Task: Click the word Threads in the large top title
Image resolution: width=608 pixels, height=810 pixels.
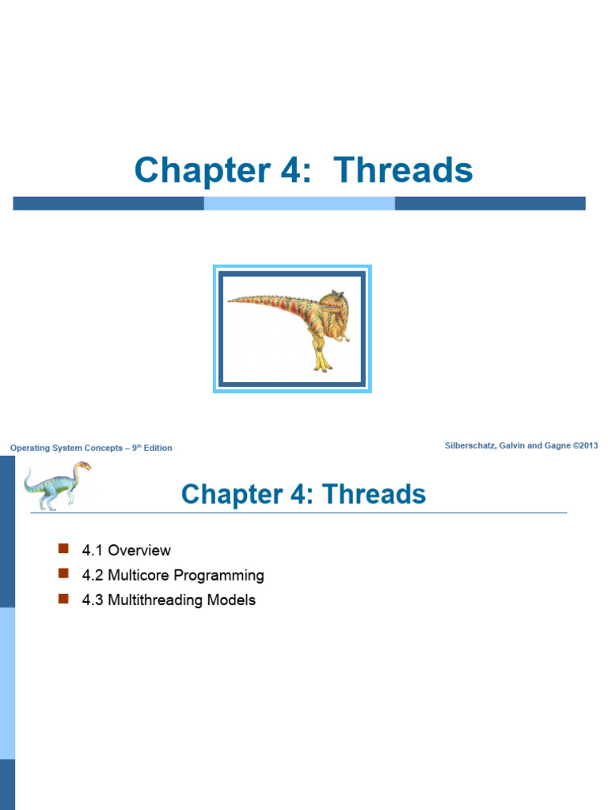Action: click(403, 170)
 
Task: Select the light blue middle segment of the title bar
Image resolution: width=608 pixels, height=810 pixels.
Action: click(299, 203)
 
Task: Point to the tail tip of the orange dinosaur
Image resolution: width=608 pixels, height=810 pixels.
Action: click(230, 300)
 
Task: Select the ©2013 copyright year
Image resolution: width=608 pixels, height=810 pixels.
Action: click(585, 445)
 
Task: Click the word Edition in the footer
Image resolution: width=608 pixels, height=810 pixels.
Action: click(158, 448)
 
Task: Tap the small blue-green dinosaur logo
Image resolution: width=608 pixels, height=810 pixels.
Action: click(57, 486)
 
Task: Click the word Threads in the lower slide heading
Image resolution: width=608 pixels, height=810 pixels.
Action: click(374, 494)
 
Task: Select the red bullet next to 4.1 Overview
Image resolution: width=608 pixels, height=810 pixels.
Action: click(63, 548)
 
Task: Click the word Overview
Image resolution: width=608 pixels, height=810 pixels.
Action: click(139, 551)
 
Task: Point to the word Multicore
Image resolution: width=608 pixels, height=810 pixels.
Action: click(139, 575)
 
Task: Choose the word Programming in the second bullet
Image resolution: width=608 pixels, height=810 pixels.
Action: click(218, 576)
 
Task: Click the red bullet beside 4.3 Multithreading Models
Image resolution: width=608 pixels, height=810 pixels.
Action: click(63, 599)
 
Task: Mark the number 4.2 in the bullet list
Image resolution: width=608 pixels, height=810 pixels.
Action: click(93, 575)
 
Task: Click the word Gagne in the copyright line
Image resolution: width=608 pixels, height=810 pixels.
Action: click(557, 446)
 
